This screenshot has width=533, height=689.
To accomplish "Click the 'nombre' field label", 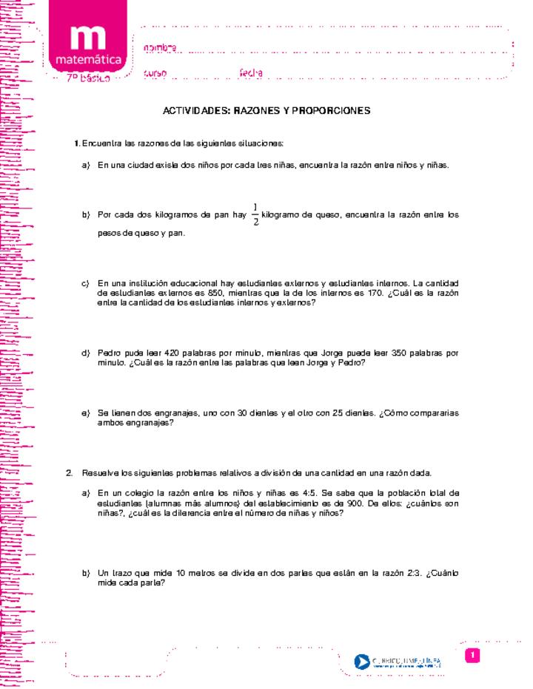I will point(160,48).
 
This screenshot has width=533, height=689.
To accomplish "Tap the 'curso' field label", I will point(155,73).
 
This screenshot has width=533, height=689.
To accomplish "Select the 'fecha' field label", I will point(252,73).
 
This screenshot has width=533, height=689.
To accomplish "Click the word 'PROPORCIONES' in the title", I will point(331,110).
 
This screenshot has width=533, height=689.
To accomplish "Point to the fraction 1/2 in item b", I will point(255,214).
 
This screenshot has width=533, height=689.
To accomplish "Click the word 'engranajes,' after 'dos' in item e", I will point(178,413).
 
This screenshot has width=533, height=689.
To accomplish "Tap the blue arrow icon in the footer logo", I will point(362,661).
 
